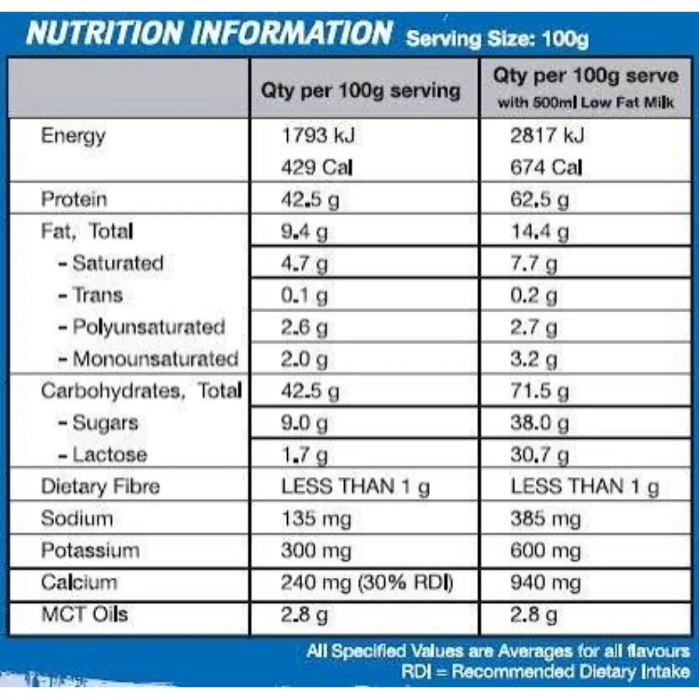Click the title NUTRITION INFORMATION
click(209, 33)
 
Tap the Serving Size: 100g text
click(497, 38)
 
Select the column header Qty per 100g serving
click(361, 91)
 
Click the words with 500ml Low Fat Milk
click(585, 103)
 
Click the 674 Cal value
click(546, 167)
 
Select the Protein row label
click(75, 199)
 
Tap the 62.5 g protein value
click(540, 200)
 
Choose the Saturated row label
click(111, 263)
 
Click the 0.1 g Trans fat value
click(304, 295)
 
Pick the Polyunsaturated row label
click(142, 327)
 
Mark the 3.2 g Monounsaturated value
click(534, 359)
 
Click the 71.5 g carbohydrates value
click(540, 391)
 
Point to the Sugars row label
click(98, 423)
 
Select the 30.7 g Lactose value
click(540, 455)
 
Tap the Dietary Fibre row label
click(100, 486)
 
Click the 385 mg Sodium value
click(546, 519)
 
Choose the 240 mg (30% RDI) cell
click(367, 582)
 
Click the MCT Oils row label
click(84, 614)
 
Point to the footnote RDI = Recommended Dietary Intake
click(546, 672)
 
